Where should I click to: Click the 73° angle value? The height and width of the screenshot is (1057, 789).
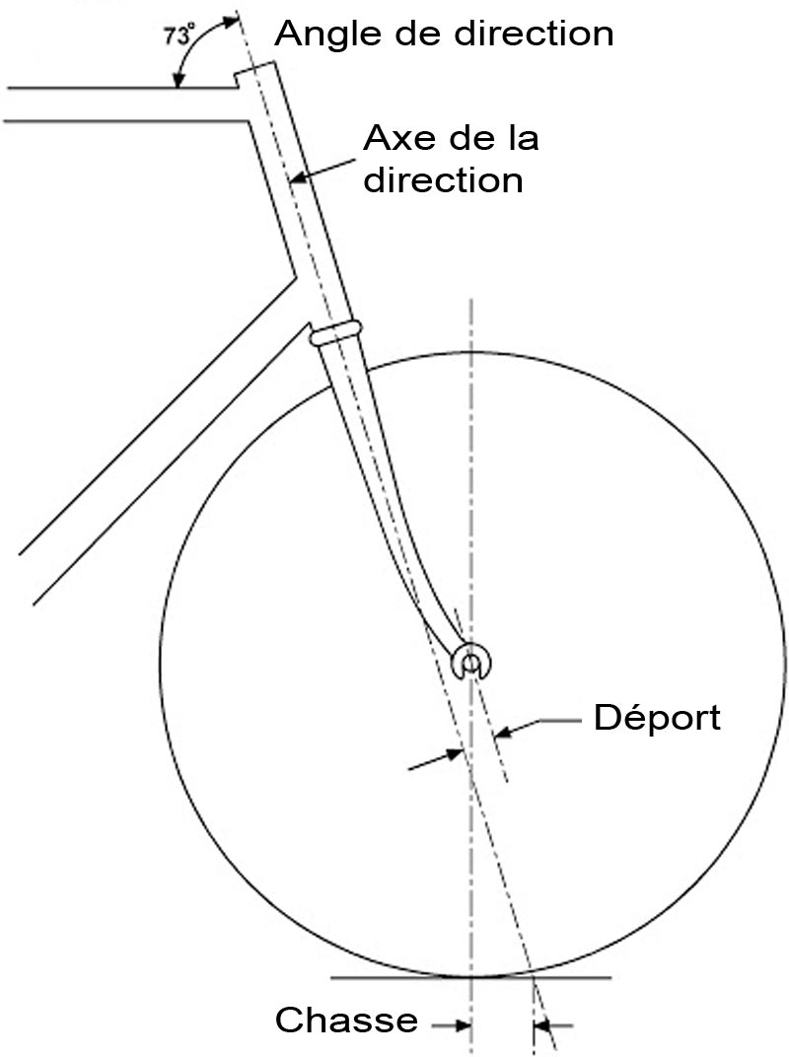(x=179, y=35)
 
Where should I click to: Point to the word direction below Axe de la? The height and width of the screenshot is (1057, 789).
(x=443, y=180)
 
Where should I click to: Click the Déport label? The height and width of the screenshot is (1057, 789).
(x=657, y=717)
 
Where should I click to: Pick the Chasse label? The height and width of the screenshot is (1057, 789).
(x=346, y=1020)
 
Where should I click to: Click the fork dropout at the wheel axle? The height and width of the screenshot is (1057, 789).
(x=470, y=663)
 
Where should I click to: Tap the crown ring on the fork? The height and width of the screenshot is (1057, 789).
(x=336, y=332)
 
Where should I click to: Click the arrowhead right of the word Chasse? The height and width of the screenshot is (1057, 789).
(x=463, y=1026)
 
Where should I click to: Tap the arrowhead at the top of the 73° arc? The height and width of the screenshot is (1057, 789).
(x=232, y=22)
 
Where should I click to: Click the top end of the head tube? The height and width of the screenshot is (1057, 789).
(x=254, y=68)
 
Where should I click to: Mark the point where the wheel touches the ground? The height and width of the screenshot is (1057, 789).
(x=472, y=976)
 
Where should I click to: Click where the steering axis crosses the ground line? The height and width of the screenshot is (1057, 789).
(x=532, y=977)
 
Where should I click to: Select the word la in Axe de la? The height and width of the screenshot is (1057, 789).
(x=524, y=138)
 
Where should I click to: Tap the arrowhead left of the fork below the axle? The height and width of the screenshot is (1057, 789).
(x=455, y=755)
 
